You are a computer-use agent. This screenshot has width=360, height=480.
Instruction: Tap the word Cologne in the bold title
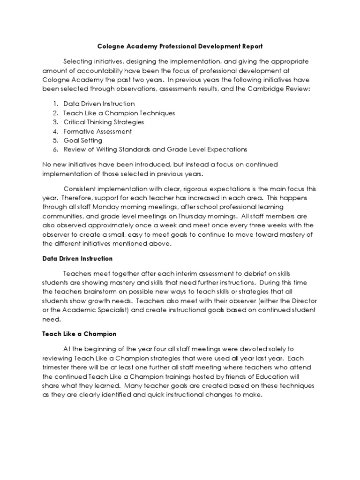point(111,47)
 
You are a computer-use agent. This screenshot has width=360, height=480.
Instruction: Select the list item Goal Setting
point(83,140)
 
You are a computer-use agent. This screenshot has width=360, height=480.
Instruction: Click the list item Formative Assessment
point(97,131)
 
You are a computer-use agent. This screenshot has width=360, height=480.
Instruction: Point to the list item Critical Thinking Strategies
point(104,122)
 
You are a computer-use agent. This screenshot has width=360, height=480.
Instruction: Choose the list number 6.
point(54,150)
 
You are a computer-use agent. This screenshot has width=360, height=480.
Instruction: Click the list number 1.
point(54,104)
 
